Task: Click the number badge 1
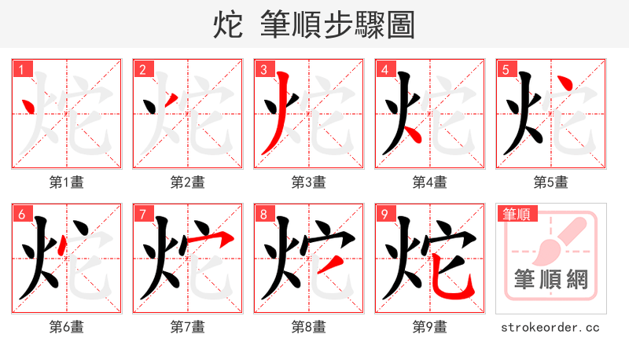21,70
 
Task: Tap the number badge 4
384,70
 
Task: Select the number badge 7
142,215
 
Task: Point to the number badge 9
384,215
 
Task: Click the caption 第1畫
67,182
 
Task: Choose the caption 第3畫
309,182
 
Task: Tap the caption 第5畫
551,182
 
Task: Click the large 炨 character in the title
227,26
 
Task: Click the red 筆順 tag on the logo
516,214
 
